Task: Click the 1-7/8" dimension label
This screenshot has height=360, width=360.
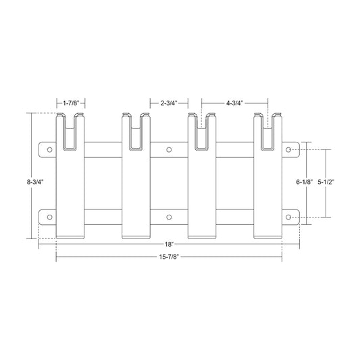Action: click(71, 103)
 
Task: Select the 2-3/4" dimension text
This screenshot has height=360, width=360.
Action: click(169, 103)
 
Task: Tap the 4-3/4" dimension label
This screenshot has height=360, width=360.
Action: click(234, 103)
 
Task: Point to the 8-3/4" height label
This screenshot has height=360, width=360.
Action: click(35, 182)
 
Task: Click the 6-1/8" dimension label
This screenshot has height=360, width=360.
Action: click(305, 182)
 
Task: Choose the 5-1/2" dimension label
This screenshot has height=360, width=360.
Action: click(326, 182)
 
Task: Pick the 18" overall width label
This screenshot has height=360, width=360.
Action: click(169, 245)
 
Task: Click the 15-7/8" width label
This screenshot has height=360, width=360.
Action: click(169, 257)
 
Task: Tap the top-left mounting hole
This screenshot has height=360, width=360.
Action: click(49, 150)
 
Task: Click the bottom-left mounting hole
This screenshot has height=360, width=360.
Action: click(49, 217)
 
